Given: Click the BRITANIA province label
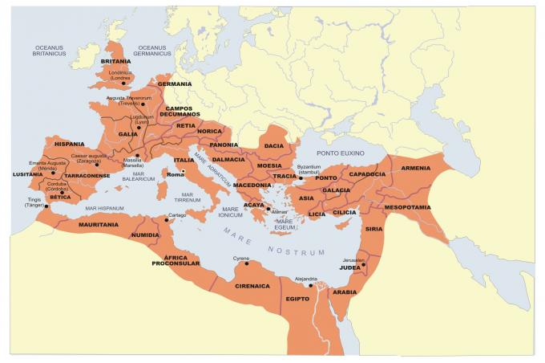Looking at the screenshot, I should tap(115, 61).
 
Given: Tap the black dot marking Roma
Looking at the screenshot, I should tap(183, 171).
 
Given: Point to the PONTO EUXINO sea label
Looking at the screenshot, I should tap(340, 153).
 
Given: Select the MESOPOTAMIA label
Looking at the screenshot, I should tap(409, 206).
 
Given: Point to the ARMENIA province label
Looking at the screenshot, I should tap(415, 168).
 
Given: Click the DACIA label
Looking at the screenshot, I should tap(274, 145).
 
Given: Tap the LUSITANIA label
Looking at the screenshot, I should tap(28, 173).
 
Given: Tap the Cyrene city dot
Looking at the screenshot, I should tap(247, 263).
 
